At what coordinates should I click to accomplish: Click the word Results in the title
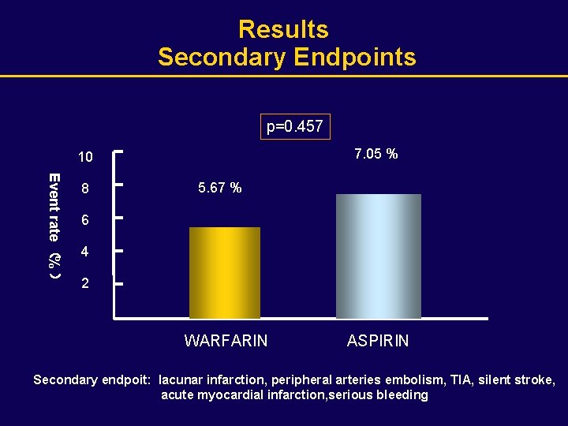[283, 29]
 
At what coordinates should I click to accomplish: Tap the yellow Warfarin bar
[225, 272]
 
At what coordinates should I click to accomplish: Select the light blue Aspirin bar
[379, 256]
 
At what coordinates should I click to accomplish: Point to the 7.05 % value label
[376, 154]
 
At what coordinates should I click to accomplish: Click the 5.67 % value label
[220, 188]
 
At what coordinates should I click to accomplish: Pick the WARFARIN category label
[226, 341]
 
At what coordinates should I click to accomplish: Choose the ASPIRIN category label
[378, 341]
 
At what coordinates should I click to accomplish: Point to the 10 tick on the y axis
[85, 157]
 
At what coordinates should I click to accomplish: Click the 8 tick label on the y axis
[85, 190]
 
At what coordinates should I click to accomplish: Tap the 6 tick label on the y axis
[85, 222]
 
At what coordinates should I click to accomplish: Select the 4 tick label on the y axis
[85, 253]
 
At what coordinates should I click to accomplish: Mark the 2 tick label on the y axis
[85, 284]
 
